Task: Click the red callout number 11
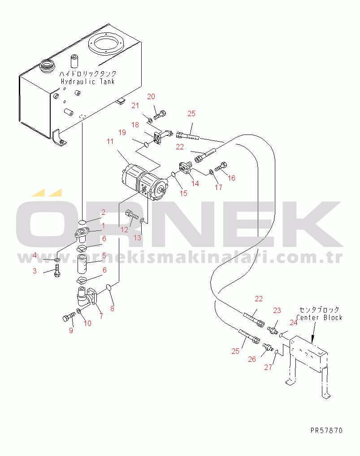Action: [110, 141]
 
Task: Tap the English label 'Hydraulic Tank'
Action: [87, 82]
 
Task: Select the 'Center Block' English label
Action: [319, 317]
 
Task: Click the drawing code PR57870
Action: [326, 430]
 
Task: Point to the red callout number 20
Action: [151, 96]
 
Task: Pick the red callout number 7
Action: [101, 316]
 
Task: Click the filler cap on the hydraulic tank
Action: [47, 66]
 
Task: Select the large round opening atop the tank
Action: [106, 43]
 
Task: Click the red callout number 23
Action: [277, 311]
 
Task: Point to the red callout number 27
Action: [268, 367]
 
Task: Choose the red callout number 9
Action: [71, 330]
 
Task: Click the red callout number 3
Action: [35, 271]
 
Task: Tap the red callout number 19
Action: [122, 132]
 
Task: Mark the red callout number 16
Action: [231, 178]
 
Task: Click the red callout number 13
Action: [137, 238]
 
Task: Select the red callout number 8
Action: [112, 308]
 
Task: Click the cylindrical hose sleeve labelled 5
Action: [82, 264]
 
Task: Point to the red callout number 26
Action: [252, 360]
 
